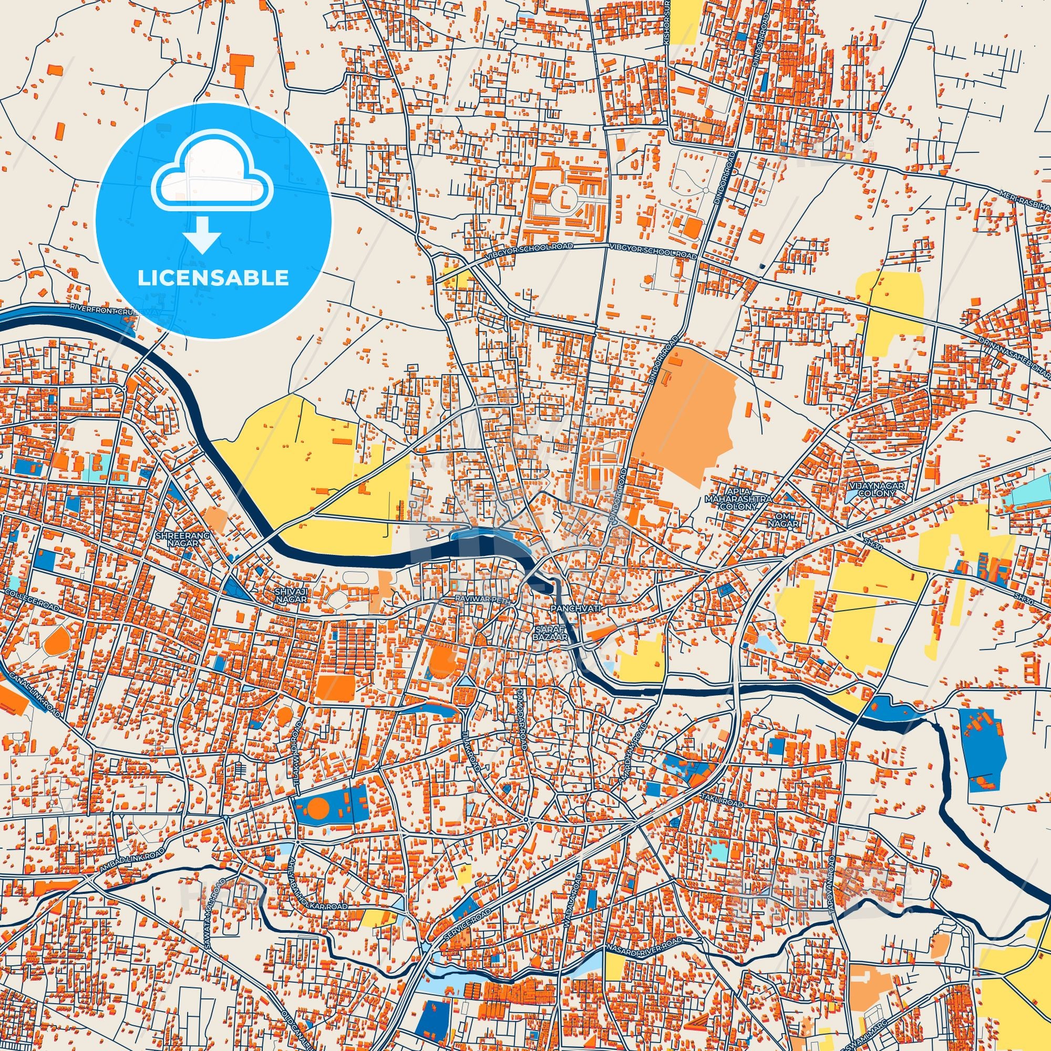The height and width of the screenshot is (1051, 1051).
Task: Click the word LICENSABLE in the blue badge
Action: click(213, 278)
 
